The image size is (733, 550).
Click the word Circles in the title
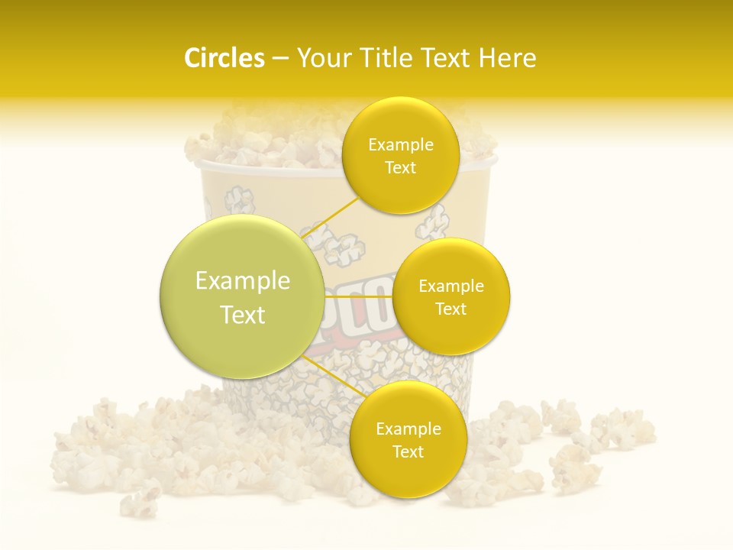[224, 58]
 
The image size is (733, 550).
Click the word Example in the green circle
[243, 281]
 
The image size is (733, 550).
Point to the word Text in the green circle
[243, 315]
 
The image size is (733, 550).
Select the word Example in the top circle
[401, 145]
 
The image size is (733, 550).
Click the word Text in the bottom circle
[408, 451]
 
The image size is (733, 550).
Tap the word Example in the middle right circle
[451, 286]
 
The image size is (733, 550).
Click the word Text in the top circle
[400, 168]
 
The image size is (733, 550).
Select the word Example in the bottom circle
[408, 429]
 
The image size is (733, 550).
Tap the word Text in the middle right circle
[451, 309]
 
